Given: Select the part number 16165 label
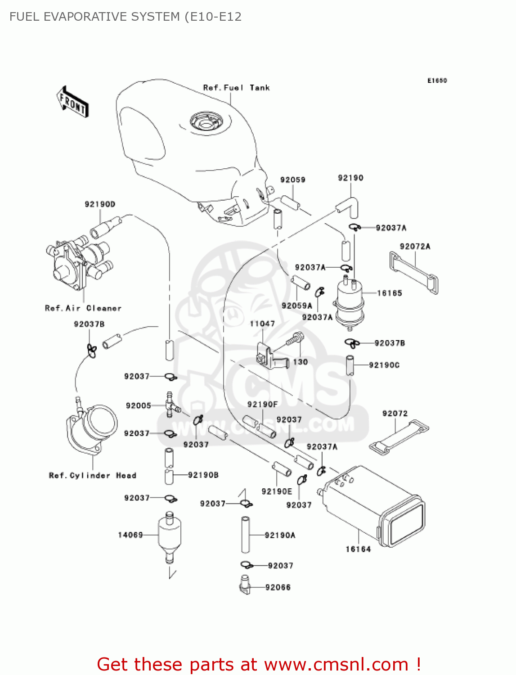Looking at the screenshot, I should point(389,293).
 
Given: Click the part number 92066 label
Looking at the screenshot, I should point(278,587).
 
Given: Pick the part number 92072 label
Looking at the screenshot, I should point(395,414).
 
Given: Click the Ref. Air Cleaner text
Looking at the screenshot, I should point(83,308).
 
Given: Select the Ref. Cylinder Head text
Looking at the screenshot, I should point(92,476).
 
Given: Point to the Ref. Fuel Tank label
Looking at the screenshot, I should point(236,88).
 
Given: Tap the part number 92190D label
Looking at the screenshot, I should point(100,204).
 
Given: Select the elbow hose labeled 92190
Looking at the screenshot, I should point(349,205).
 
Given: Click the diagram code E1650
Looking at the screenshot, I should point(437,81).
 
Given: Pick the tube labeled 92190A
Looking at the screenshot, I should point(246,535).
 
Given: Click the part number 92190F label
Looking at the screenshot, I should point(262,405).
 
